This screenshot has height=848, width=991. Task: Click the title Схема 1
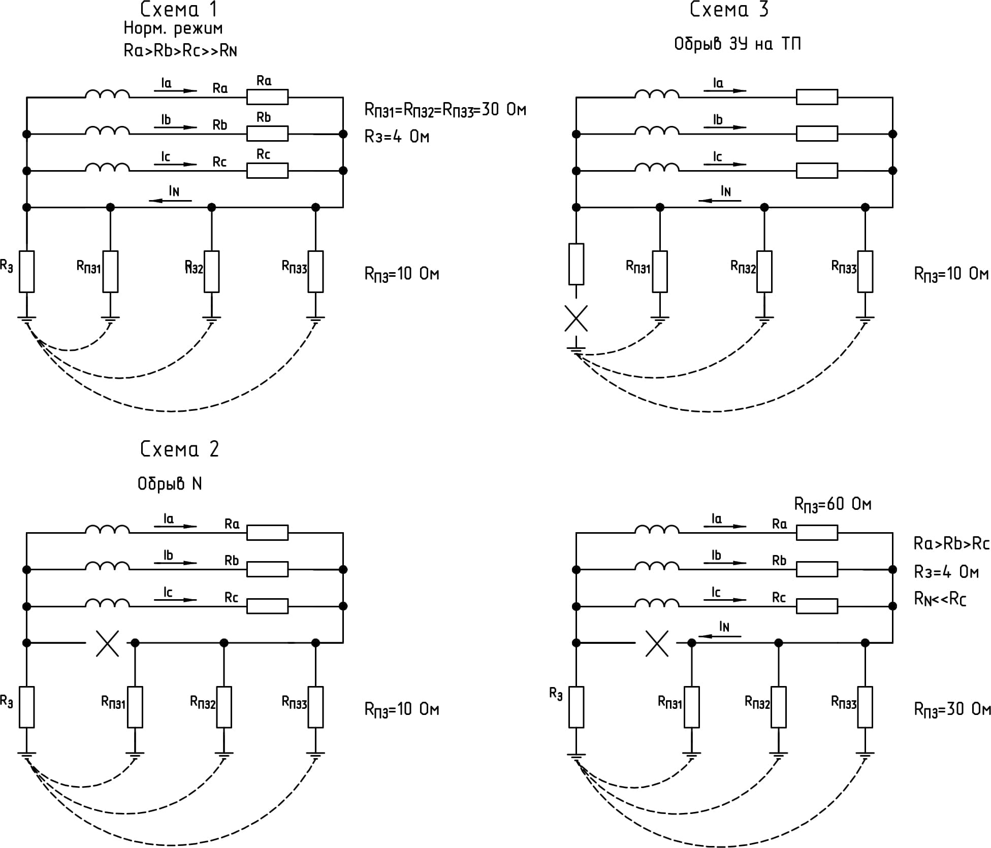(x=178, y=9)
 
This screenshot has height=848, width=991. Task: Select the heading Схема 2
(x=179, y=449)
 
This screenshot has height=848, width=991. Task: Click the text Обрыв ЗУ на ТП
(x=737, y=44)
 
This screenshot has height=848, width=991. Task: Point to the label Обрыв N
(x=170, y=483)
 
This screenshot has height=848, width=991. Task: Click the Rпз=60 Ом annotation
(x=833, y=504)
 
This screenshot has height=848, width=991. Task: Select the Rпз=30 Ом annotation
(x=952, y=709)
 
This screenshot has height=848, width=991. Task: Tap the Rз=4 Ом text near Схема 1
(x=397, y=137)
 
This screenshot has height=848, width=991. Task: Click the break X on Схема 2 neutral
(x=107, y=643)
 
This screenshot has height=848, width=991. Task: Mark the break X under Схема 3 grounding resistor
(x=576, y=318)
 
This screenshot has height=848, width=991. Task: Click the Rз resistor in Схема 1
(x=27, y=272)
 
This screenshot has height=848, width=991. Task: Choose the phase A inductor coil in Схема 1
(x=107, y=94)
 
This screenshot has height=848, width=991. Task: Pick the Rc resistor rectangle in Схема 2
(x=267, y=606)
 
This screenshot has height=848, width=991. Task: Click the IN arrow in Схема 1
(x=171, y=200)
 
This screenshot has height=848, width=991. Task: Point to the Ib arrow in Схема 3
(x=725, y=127)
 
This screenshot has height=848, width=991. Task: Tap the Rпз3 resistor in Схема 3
(x=865, y=272)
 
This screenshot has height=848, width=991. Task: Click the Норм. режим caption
(x=173, y=28)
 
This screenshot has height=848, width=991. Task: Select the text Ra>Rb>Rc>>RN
(x=180, y=51)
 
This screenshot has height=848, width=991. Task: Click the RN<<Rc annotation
(x=940, y=599)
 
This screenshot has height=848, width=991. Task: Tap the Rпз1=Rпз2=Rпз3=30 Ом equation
(x=445, y=110)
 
